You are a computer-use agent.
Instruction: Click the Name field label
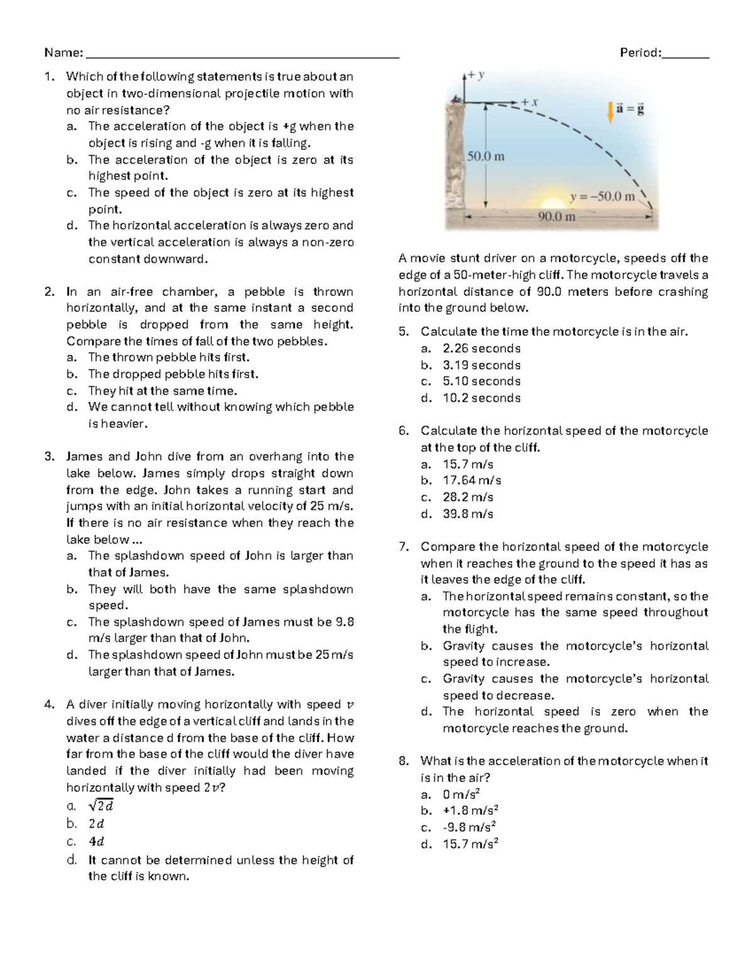pos(63,53)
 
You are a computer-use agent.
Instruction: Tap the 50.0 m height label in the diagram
pos(486,156)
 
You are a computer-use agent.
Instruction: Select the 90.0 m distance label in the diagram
pos(557,217)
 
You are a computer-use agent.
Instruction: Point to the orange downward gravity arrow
pos(609,112)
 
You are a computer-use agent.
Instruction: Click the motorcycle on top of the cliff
pos(456,98)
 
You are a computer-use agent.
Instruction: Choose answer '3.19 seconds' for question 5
pos(481,365)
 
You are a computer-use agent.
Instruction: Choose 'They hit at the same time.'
pos(163,391)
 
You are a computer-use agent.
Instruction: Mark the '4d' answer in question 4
pos(96,842)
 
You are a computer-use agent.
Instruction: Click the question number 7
pos(403,547)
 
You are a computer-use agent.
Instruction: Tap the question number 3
pos(49,457)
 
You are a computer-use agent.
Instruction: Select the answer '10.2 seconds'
pos(481,398)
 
